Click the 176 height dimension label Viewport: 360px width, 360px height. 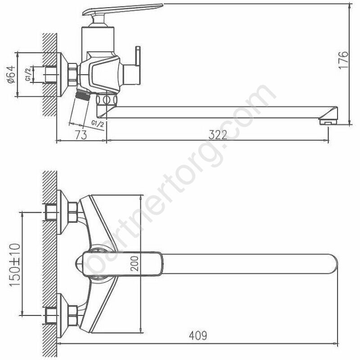[343, 60]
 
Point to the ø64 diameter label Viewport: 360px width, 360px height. [11, 74]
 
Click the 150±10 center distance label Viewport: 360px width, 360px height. [15, 265]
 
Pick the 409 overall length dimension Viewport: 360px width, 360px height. [198, 335]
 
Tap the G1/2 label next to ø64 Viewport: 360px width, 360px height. [28, 74]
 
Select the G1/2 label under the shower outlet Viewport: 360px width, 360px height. [98, 124]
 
